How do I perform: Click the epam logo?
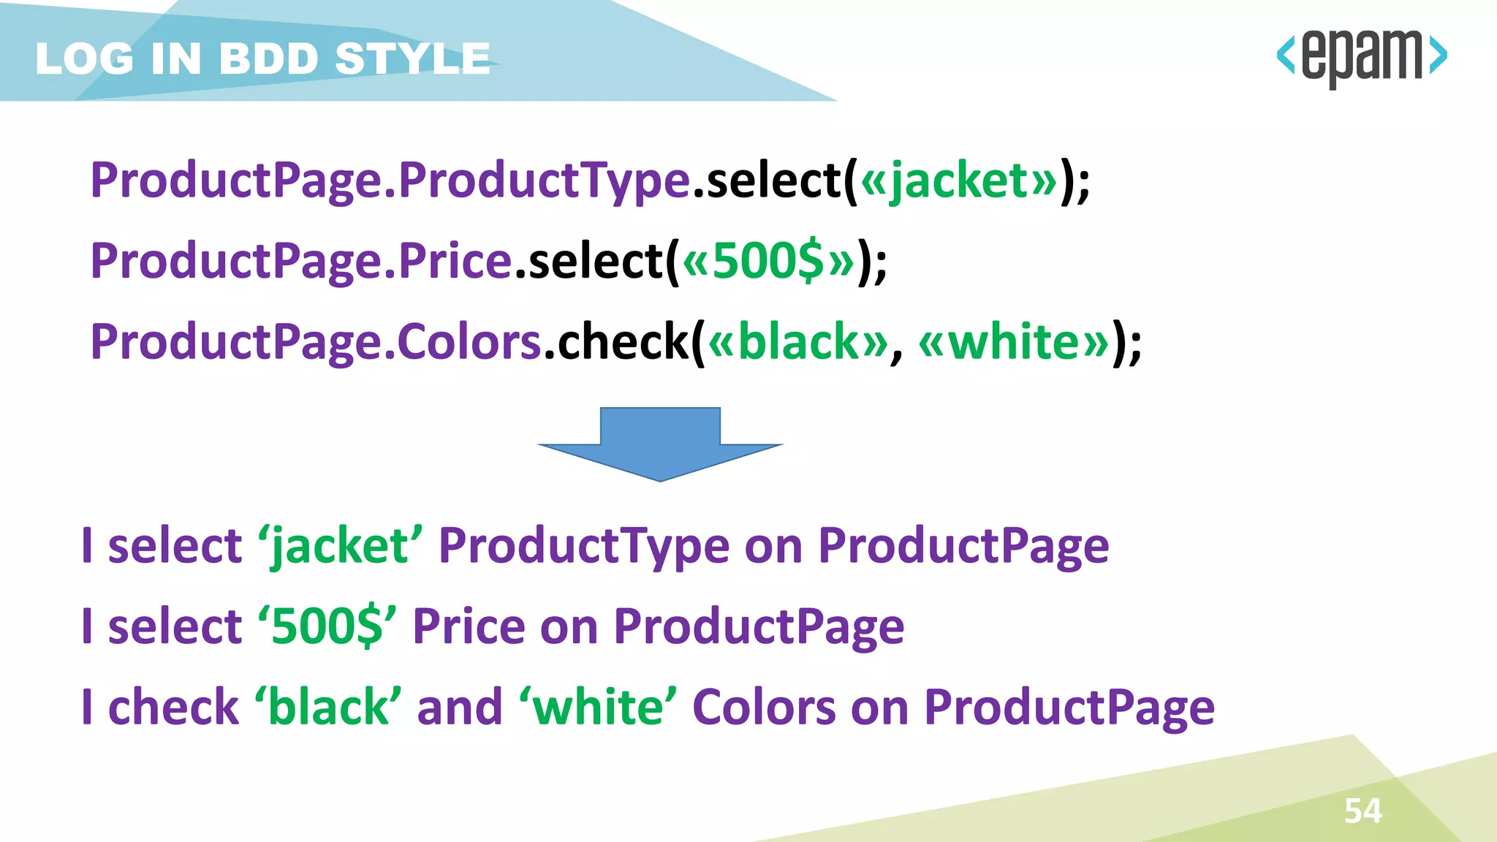(1361, 57)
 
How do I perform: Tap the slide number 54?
(1363, 811)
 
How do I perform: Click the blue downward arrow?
(660, 444)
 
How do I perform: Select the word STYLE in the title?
(413, 58)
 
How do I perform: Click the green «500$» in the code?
(768, 261)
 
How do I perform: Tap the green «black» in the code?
(798, 341)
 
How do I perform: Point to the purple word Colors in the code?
(469, 341)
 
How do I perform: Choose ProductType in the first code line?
(545, 181)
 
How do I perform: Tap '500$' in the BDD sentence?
(327, 626)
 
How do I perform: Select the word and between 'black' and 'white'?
(460, 707)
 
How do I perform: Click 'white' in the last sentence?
(599, 707)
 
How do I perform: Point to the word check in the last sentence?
(173, 707)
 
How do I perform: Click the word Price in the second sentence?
(469, 626)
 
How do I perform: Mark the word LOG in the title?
(85, 58)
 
